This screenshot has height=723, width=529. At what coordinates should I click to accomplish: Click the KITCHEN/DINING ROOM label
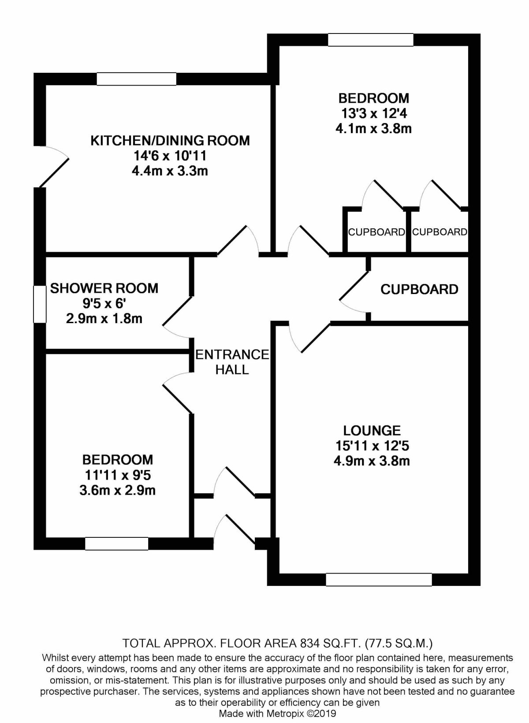pos(170,141)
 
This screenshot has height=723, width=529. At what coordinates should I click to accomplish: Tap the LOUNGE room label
pos(372,430)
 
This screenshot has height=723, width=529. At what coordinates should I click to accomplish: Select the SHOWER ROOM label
pos(104,288)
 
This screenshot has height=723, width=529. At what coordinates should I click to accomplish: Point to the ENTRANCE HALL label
pos(232,362)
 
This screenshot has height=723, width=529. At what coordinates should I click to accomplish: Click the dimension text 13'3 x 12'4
pos(374,113)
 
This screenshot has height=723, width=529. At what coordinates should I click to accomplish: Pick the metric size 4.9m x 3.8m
pos(372,461)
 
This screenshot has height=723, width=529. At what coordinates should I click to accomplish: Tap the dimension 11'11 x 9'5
pos(118,475)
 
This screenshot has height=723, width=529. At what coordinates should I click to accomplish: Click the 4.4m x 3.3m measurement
pos(170,171)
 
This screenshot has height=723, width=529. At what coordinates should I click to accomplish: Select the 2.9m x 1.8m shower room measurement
pos(104,318)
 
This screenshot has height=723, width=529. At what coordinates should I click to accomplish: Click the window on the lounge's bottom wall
pos(379,579)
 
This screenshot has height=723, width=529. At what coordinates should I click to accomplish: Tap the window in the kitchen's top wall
pos(137,79)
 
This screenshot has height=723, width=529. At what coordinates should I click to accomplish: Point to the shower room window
pos(40,304)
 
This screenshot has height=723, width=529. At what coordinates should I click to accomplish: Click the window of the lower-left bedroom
pos(117,544)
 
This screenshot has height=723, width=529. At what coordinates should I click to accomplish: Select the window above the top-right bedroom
pos(371,40)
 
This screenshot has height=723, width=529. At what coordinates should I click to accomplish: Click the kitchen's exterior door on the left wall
pos(52,166)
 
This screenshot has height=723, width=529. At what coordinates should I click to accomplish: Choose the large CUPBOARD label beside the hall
pos(419,289)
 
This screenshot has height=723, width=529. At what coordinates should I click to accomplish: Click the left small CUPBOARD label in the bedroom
pos(376,232)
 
